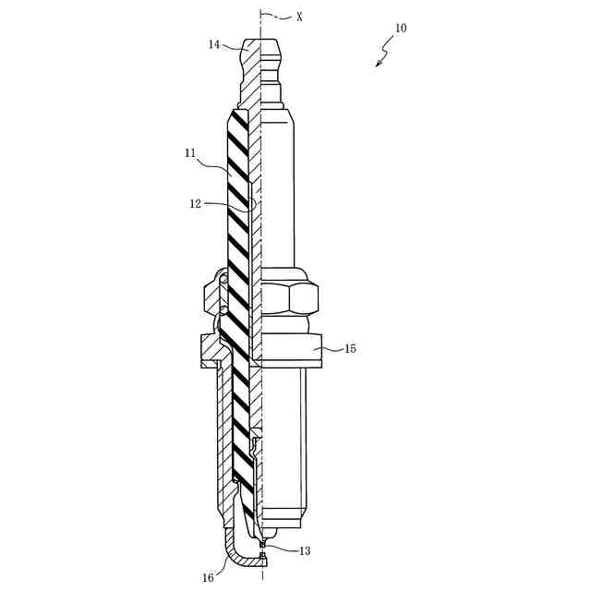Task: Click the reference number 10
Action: (x=400, y=28)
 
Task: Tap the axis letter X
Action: (x=299, y=17)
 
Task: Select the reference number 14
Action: (x=214, y=44)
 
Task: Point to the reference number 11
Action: (x=191, y=153)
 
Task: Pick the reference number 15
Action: (x=350, y=349)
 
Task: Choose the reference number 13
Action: (x=305, y=550)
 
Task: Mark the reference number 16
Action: (x=209, y=578)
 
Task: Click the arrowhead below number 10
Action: (x=379, y=63)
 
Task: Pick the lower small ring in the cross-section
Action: (x=211, y=310)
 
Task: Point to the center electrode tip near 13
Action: (x=263, y=546)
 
